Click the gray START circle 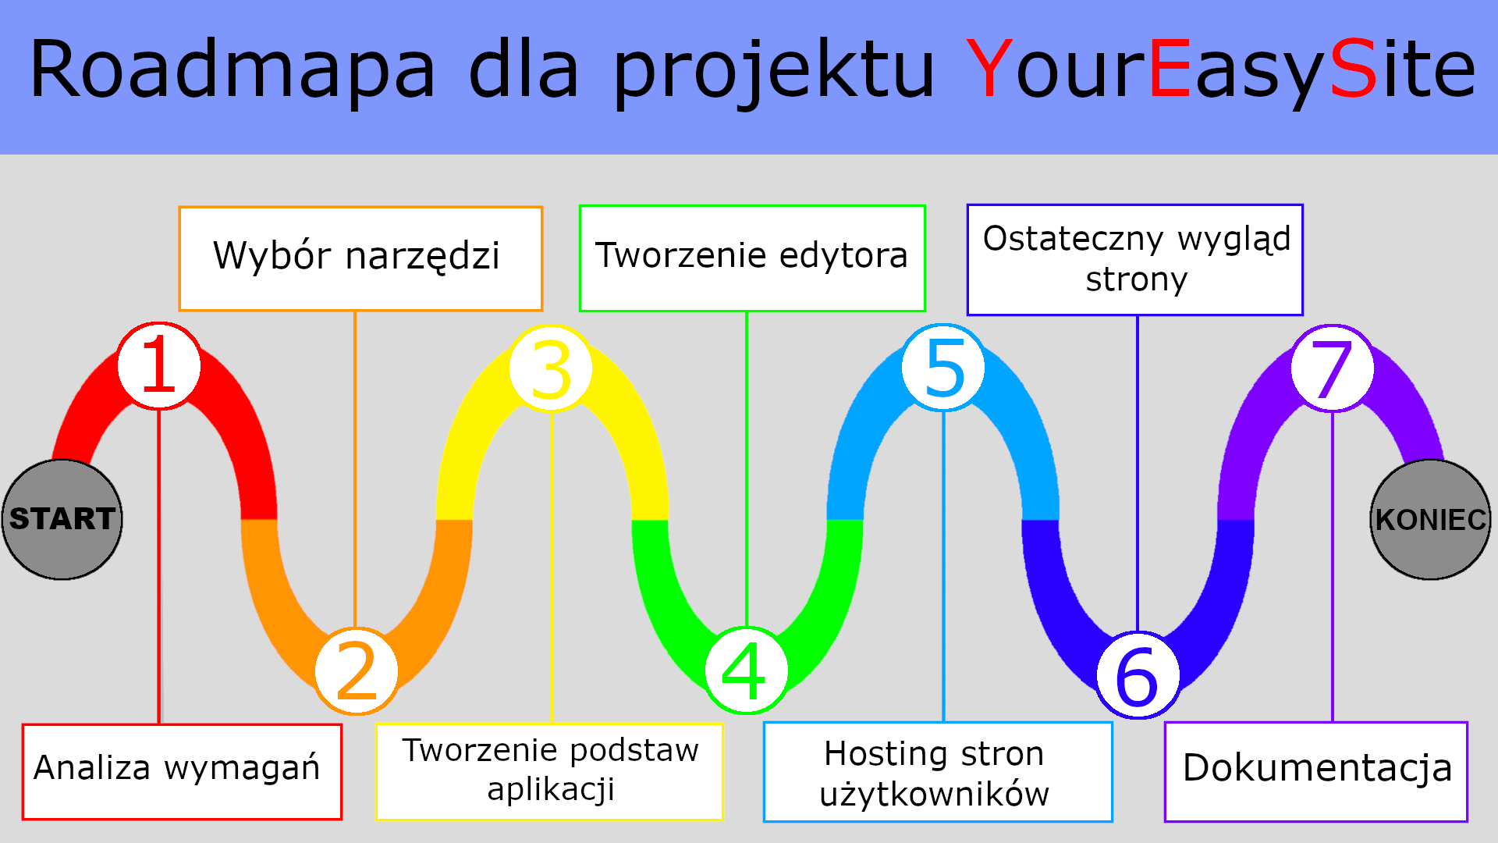(x=62, y=519)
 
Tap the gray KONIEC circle (x=1430, y=519)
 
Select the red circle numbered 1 (x=159, y=365)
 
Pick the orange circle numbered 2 (x=357, y=670)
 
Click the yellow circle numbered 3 (x=551, y=368)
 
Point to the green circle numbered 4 (x=746, y=670)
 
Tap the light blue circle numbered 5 (x=943, y=368)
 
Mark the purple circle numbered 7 (x=1333, y=368)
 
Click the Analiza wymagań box (x=182, y=772)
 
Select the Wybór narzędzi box (x=360, y=258)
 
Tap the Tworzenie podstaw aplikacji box (x=549, y=771)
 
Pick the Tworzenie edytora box (x=752, y=258)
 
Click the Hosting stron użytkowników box (x=938, y=771)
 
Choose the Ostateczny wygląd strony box (x=1135, y=260)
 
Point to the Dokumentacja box (x=1316, y=771)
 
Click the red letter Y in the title (x=989, y=69)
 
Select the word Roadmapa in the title (x=232, y=69)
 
